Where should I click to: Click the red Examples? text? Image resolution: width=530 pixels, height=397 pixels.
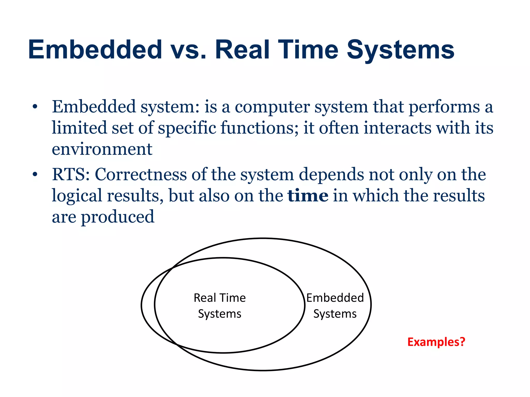436,342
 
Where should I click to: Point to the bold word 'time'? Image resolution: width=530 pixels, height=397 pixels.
308,195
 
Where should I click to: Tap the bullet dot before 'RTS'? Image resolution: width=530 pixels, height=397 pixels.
35,174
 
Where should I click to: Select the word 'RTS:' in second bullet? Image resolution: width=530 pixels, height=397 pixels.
71,174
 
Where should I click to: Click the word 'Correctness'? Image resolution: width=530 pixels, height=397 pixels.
141,174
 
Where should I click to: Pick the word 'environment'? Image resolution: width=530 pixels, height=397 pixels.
102,149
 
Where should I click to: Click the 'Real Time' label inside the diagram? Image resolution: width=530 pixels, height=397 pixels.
219,298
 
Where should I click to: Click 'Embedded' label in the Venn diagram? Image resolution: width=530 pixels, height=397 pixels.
335,298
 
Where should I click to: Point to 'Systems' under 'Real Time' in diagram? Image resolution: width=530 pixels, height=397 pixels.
219,314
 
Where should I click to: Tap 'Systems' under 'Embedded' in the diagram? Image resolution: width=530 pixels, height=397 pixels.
335,314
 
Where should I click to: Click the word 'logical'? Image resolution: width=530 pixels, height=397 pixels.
77,196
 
